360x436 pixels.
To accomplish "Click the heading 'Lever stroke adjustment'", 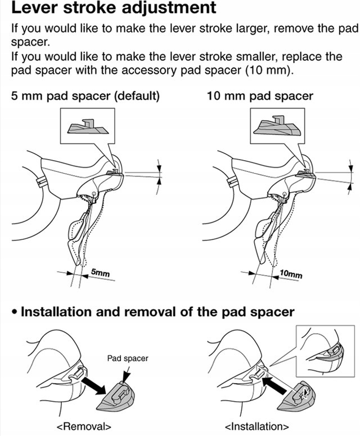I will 113,9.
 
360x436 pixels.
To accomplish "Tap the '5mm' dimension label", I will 100,274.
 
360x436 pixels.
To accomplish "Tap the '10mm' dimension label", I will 290,274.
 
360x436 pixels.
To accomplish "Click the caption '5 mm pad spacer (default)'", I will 85,96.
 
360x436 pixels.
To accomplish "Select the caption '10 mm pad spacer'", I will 259,96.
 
